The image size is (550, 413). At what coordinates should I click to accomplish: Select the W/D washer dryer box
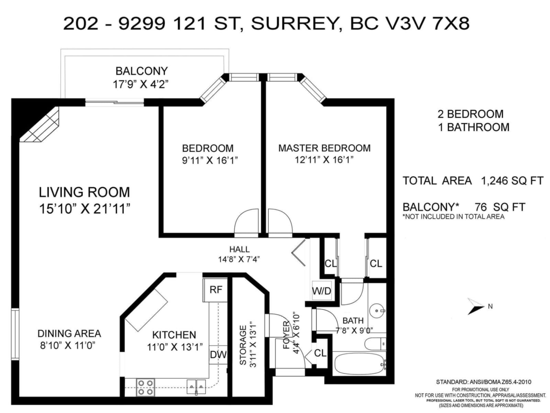[321, 291]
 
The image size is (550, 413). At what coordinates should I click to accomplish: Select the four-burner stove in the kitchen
[146, 386]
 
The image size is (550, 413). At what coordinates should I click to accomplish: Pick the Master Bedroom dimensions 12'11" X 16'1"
[324, 160]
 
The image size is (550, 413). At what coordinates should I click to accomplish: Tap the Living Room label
[84, 191]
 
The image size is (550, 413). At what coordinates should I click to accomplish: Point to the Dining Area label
[69, 333]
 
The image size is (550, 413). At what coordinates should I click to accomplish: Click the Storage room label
[243, 345]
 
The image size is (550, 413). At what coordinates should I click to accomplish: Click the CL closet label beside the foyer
[320, 353]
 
